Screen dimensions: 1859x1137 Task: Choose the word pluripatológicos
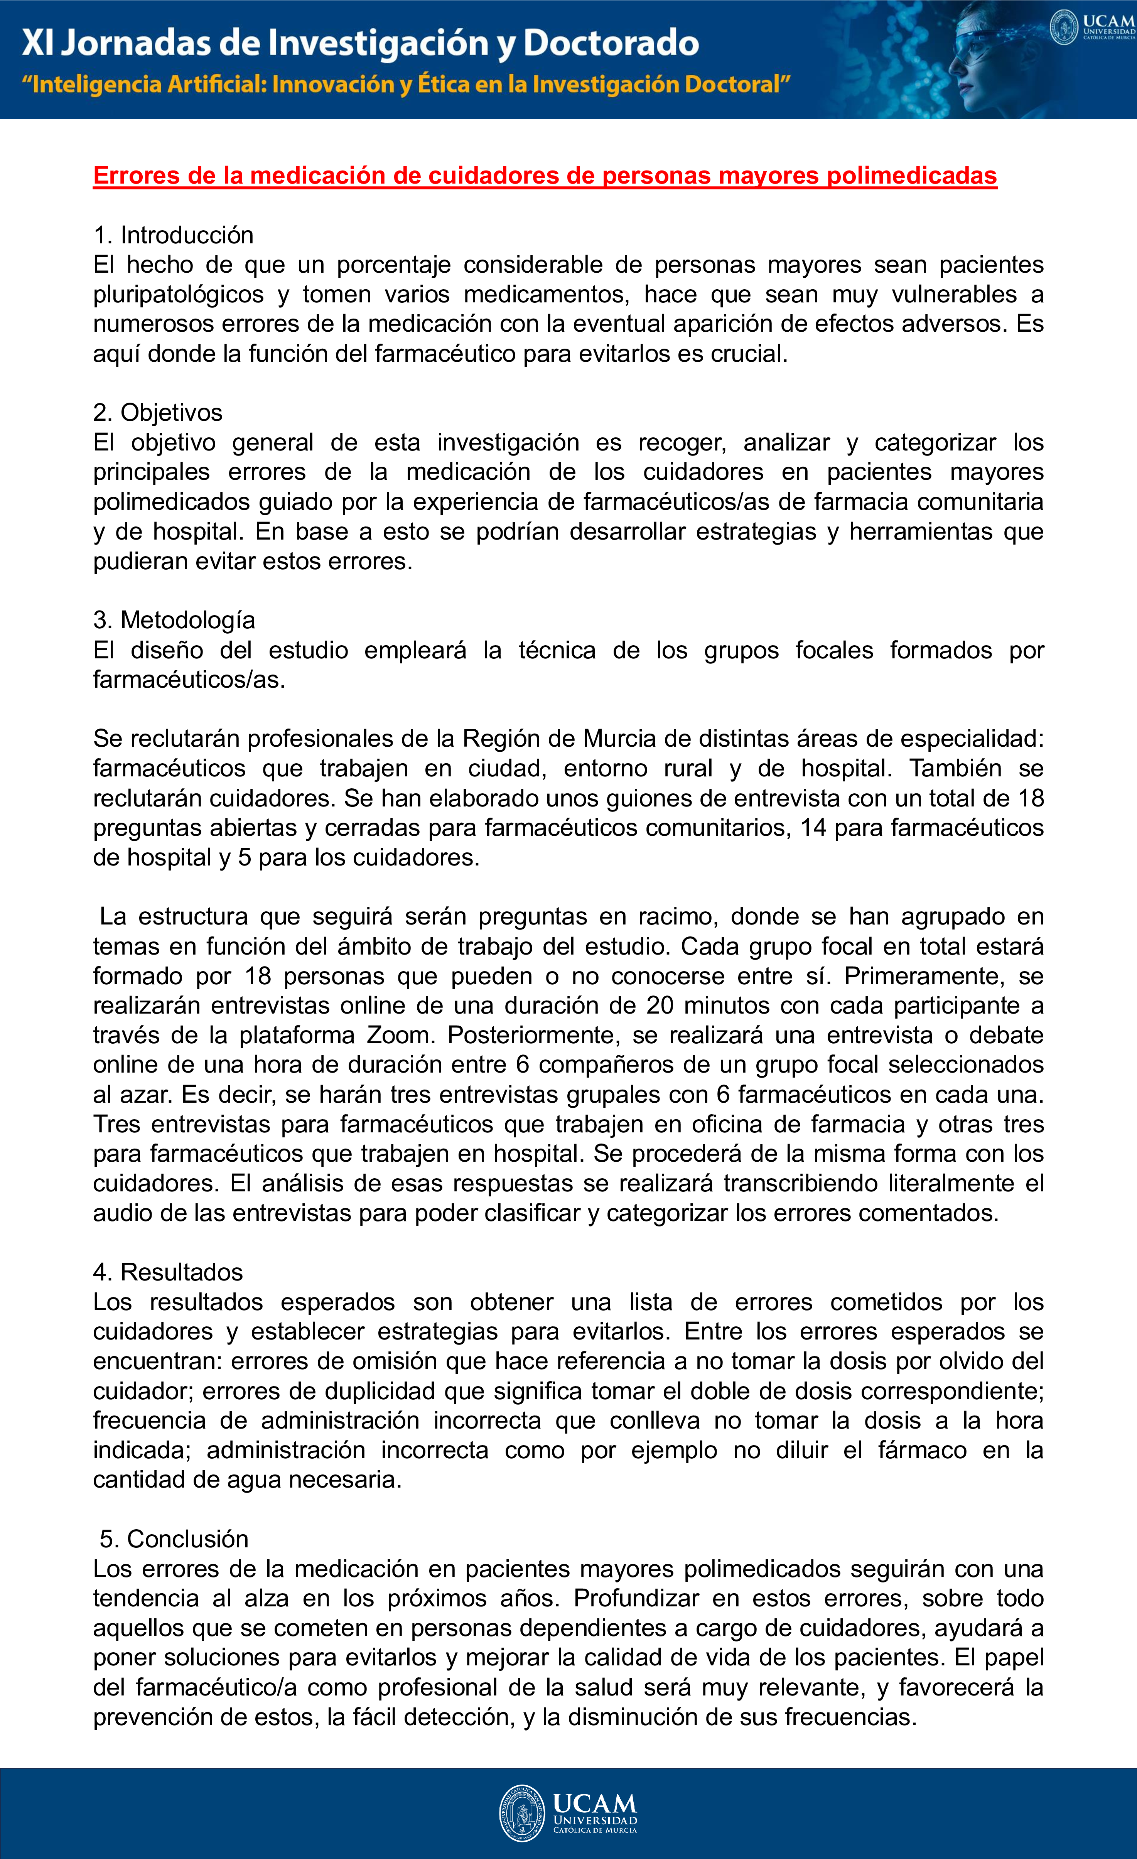coord(179,294)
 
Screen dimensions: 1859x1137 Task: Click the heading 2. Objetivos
coord(158,413)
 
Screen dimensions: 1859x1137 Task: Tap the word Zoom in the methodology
coord(400,1035)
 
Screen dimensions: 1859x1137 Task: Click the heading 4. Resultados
coord(167,1272)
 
